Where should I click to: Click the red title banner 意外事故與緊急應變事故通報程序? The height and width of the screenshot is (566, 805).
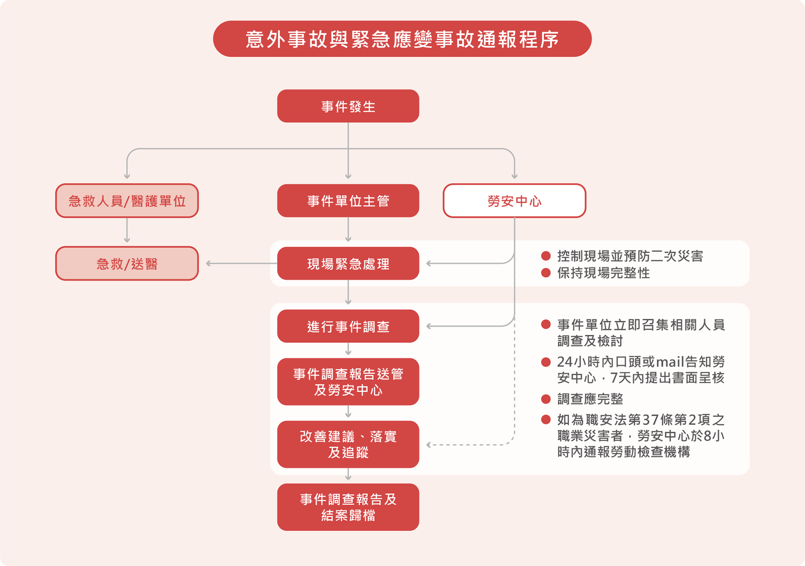pyautogui.click(x=402, y=39)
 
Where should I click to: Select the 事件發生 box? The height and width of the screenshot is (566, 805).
pyautogui.click(x=348, y=106)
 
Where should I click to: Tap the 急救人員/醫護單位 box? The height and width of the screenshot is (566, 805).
pyautogui.click(x=127, y=201)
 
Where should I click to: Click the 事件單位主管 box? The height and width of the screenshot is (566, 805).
pyautogui.click(x=348, y=201)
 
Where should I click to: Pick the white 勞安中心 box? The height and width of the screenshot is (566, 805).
pyautogui.click(x=514, y=201)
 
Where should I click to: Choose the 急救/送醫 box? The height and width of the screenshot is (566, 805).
pyautogui.click(x=127, y=263)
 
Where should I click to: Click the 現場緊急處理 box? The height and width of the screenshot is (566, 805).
pyautogui.click(x=348, y=263)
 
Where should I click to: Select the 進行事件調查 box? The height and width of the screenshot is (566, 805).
pyautogui.click(x=348, y=326)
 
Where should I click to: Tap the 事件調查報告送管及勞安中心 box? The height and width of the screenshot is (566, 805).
pyautogui.click(x=348, y=381)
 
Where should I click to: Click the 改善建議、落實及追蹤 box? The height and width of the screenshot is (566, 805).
pyautogui.click(x=348, y=444)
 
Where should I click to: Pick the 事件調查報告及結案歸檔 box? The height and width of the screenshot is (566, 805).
pyautogui.click(x=348, y=507)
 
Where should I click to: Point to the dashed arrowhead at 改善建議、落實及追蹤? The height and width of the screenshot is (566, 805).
pyautogui.click(x=429, y=445)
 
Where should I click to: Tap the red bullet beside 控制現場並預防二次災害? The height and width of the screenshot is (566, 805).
pyautogui.click(x=546, y=256)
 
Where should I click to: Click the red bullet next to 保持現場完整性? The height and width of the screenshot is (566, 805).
pyautogui.click(x=546, y=273)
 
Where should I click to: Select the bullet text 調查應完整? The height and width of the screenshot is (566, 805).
pyautogui.click(x=590, y=399)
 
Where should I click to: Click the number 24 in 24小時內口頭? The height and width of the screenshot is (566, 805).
pyautogui.click(x=565, y=362)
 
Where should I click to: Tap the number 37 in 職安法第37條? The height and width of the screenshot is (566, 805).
pyautogui.click(x=650, y=420)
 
